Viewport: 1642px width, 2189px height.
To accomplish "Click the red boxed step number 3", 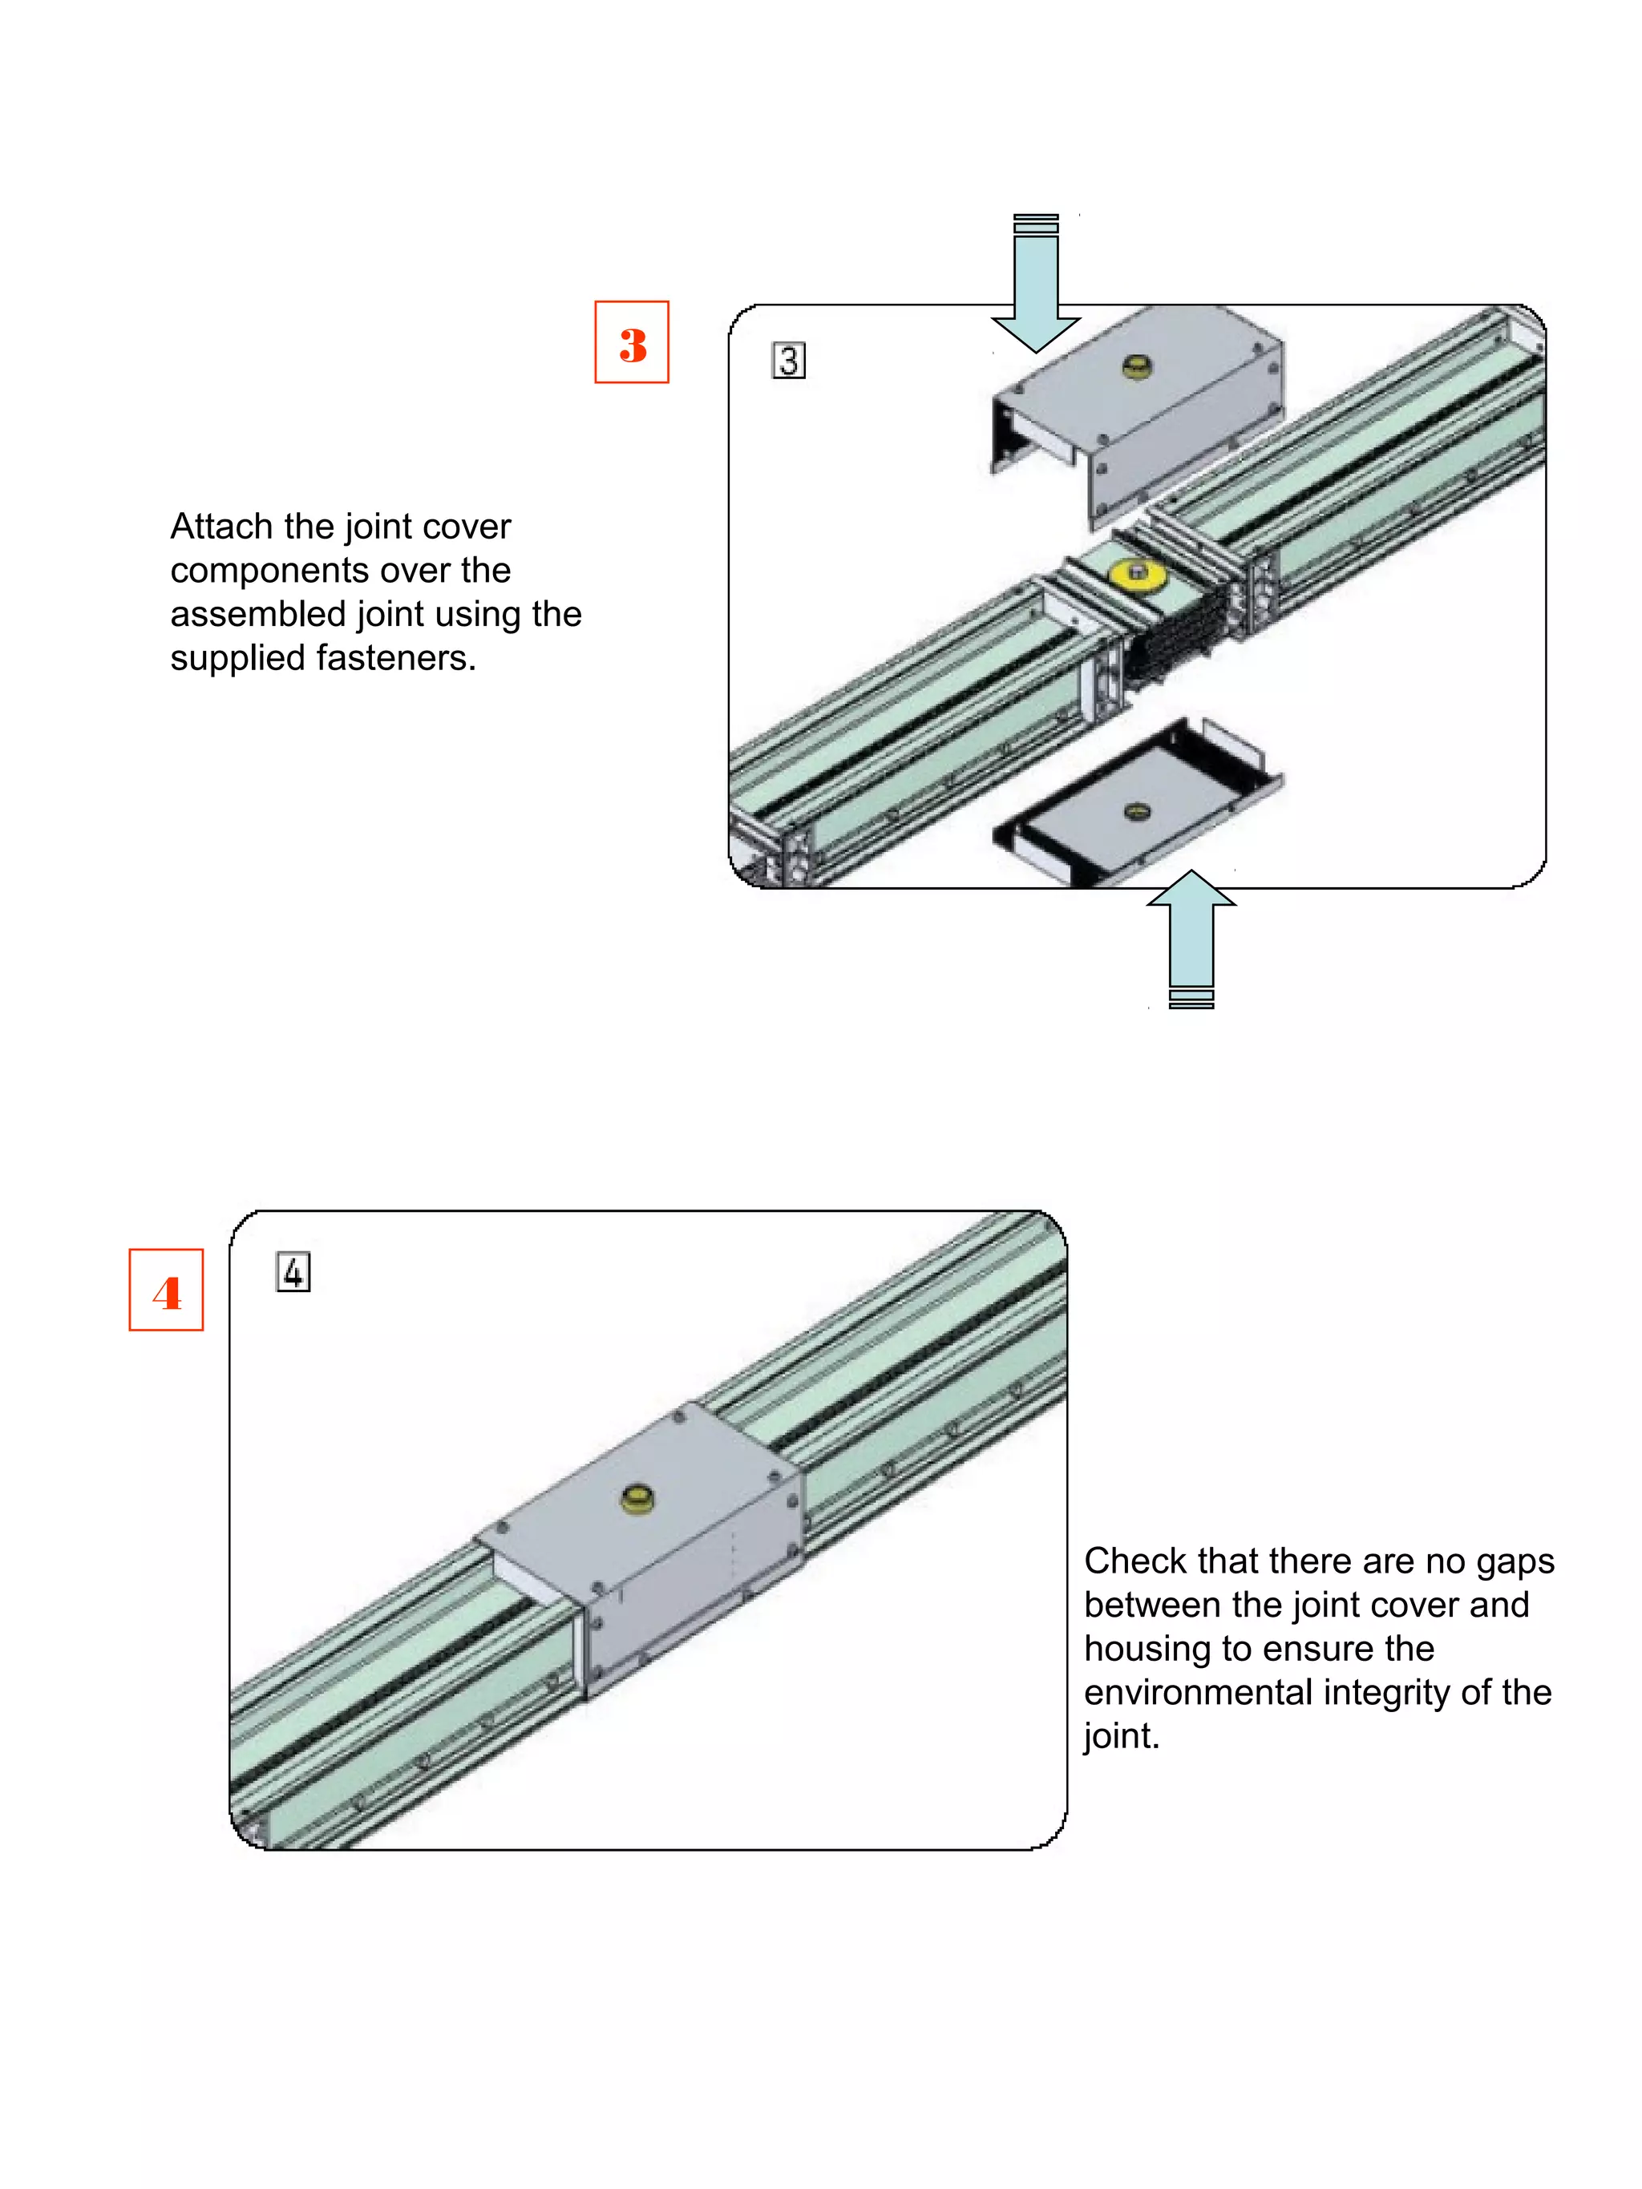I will pyautogui.click(x=632, y=343).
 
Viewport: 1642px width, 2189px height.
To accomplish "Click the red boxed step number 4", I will pyautogui.click(x=166, y=1291).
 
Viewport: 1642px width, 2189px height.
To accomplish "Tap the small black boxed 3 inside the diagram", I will pyautogui.click(x=788, y=360).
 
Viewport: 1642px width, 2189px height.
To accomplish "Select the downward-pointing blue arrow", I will pyautogui.click(x=1035, y=287).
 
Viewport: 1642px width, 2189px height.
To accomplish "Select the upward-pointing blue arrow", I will pyautogui.click(x=1191, y=935).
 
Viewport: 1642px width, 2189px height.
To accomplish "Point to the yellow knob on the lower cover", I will pyautogui.click(x=1137, y=811).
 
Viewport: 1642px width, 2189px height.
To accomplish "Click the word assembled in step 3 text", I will pyautogui.click(x=257, y=615).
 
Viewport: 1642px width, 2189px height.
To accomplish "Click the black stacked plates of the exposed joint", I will pyautogui.click(x=1178, y=633).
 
